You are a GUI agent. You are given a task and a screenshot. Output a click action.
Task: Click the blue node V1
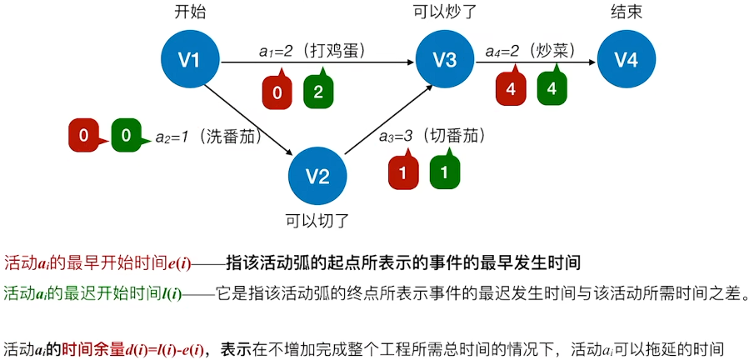[x=191, y=59]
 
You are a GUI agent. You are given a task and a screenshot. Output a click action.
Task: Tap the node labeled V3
[x=445, y=59]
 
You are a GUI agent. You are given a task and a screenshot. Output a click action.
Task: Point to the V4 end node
[x=626, y=59]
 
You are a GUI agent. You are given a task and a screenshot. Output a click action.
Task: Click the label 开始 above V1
[x=190, y=12]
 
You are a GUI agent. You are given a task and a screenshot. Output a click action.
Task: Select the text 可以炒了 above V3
[x=445, y=12]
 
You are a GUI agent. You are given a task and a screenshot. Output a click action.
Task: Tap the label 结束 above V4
[x=626, y=12]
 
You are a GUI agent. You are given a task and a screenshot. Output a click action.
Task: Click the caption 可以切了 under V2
[x=317, y=221]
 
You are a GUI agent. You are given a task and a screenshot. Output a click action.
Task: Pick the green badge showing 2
[x=318, y=92]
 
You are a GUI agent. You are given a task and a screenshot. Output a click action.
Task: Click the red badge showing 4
[x=511, y=90]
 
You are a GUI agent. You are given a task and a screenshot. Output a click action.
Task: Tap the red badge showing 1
[x=402, y=172]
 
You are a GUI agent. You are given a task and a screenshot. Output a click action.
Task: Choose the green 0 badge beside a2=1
[x=126, y=134]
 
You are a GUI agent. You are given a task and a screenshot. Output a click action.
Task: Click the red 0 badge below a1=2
[x=277, y=92]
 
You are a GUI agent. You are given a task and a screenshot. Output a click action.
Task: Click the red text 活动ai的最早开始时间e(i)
[x=97, y=262]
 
